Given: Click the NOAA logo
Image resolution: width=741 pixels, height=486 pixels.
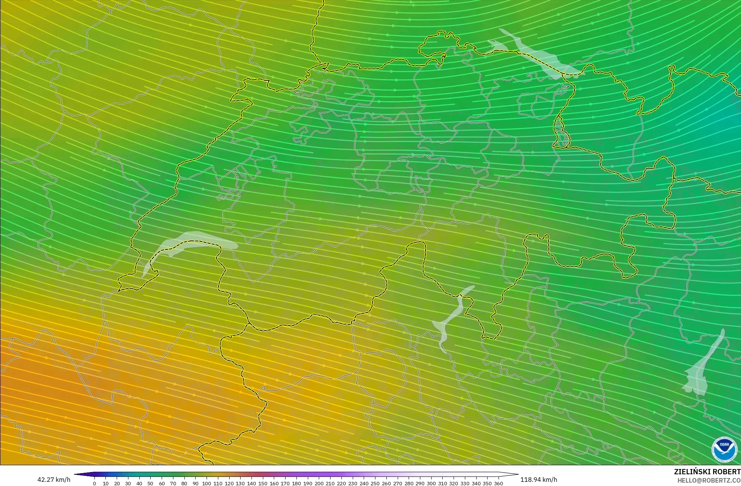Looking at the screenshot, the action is click(x=724, y=449).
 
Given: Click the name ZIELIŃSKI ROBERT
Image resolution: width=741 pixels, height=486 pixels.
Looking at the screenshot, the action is click(x=707, y=472).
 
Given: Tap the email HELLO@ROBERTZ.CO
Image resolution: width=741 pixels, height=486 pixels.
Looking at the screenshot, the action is click(x=709, y=480).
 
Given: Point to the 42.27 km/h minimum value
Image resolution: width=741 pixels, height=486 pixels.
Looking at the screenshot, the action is click(x=54, y=480).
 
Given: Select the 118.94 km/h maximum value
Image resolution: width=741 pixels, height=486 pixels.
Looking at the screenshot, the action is click(x=539, y=480).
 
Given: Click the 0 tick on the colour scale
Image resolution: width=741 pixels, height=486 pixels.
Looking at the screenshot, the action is click(x=94, y=483).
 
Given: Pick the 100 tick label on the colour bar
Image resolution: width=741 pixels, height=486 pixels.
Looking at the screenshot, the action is click(x=207, y=483).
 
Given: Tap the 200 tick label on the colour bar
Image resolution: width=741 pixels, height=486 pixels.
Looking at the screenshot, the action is click(x=319, y=483).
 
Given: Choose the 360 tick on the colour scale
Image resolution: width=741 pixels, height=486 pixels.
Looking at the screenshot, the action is click(x=499, y=483).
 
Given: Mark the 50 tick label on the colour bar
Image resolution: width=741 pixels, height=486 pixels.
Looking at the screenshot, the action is click(x=150, y=483).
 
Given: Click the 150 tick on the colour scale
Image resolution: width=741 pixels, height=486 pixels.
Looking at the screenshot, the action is click(x=262, y=483).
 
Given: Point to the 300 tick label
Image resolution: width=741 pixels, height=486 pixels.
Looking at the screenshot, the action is click(x=431, y=483).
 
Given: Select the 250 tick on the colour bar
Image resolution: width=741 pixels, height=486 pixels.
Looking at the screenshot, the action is click(x=375, y=483).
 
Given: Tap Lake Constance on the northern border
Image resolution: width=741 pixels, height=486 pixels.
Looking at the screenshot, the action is click(x=536, y=53).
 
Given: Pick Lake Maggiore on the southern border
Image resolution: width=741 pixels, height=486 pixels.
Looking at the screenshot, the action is click(x=449, y=321).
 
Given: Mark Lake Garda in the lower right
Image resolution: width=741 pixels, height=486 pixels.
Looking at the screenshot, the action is click(x=702, y=366).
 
